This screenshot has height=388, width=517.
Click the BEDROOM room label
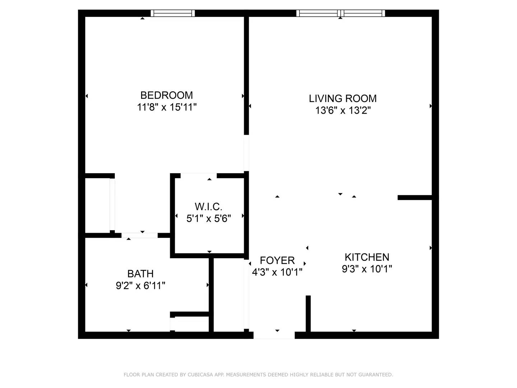tap(167, 95)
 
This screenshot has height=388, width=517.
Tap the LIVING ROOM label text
tap(343, 98)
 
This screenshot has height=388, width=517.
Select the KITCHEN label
tap(367, 257)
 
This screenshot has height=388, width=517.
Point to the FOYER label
tap(277, 260)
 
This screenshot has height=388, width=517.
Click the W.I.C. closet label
tap(209, 207)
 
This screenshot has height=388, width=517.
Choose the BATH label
tap(140, 274)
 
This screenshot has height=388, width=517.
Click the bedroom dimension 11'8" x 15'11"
tap(167, 107)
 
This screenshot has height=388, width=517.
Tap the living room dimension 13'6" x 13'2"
tap(343, 110)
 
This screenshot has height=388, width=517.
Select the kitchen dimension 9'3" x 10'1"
tap(367, 269)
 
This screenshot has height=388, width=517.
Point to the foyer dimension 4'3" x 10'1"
tap(277, 272)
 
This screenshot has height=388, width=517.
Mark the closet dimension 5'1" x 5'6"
tap(209, 218)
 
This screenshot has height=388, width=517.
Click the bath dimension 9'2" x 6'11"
tap(140, 286)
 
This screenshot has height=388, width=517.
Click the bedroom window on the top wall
tap(173, 13)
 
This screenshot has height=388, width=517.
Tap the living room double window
tap(340, 13)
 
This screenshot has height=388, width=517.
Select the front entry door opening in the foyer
tap(274, 335)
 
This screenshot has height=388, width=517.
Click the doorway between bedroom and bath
tap(139, 235)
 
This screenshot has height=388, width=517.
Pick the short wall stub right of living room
tap(415, 198)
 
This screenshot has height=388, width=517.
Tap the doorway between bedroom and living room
tap(246, 153)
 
